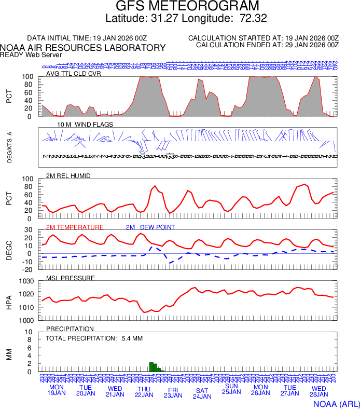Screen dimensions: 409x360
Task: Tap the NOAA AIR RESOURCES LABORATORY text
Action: click(83, 48)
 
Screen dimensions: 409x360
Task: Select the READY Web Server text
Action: click(31, 55)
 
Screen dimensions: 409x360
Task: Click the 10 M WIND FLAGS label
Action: click(81, 125)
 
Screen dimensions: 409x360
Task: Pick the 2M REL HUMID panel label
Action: click(68, 176)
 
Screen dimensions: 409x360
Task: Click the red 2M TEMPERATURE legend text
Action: click(75, 227)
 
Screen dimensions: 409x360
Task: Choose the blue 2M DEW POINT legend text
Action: click(150, 227)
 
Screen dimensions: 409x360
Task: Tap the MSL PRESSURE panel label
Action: click(71, 278)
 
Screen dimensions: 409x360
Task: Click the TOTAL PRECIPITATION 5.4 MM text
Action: click(86, 338)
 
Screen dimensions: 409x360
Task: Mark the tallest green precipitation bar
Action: click(151, 367)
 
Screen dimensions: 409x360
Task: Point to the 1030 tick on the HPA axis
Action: click(26, 282)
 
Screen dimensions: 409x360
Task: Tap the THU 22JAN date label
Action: click(144, 392)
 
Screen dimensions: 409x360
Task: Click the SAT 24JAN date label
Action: click(202, 393)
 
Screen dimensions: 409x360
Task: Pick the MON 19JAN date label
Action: click(57, 390)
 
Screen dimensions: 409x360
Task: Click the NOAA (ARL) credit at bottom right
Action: click(337, 403)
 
